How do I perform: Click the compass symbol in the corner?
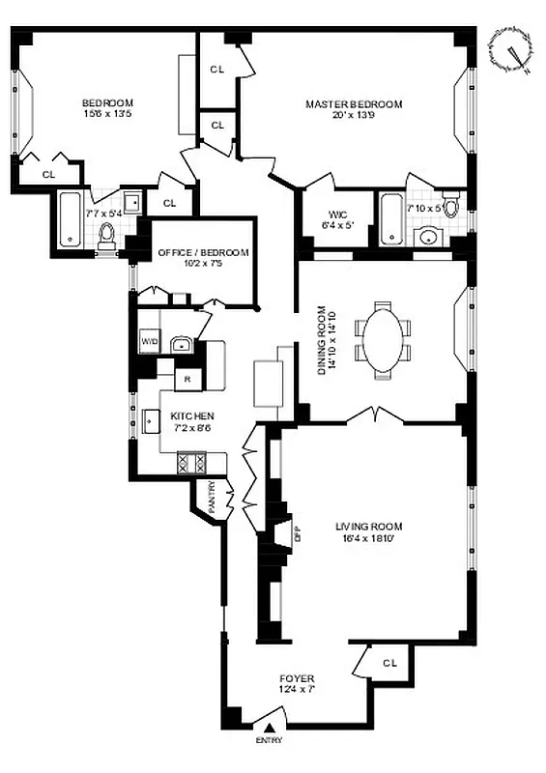tap(511, 49)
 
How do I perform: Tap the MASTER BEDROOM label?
tap(354, 104)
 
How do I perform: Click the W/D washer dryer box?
tap(150, 342)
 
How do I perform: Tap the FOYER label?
tap(296, 679)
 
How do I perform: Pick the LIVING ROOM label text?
tap(369, 527)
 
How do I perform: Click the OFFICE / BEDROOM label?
tap(203, 253)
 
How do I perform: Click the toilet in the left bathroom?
tap(108, 234)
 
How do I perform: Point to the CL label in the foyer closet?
tap(389, 663)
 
